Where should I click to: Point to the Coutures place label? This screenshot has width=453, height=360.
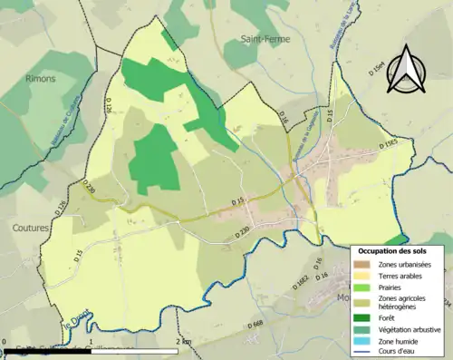tap(32, 228)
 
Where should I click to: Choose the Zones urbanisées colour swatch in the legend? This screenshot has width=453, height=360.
tap(361, 264)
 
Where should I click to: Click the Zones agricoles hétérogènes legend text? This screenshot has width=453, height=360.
tap(405, 300)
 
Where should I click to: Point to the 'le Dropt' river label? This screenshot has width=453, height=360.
tap(76, 326)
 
